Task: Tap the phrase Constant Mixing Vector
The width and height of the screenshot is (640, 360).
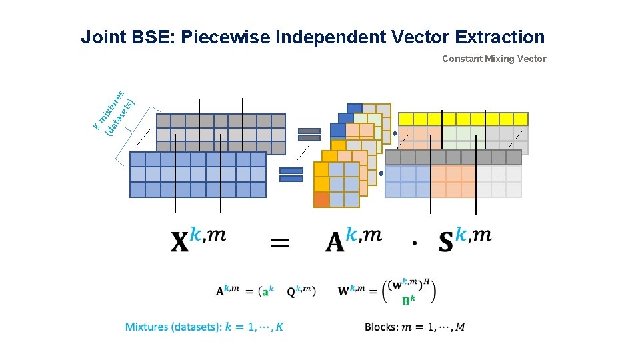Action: point(494,59)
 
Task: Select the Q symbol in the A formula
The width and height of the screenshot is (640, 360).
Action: point(291,291)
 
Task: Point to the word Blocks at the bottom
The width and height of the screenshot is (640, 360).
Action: point(381,327)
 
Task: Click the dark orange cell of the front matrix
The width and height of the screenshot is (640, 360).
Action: point(321,199)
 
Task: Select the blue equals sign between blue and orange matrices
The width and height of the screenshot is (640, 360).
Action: point(291,175)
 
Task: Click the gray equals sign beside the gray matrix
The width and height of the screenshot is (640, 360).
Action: point(309,134)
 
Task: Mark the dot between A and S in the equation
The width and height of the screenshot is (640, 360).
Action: point(415,244)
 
